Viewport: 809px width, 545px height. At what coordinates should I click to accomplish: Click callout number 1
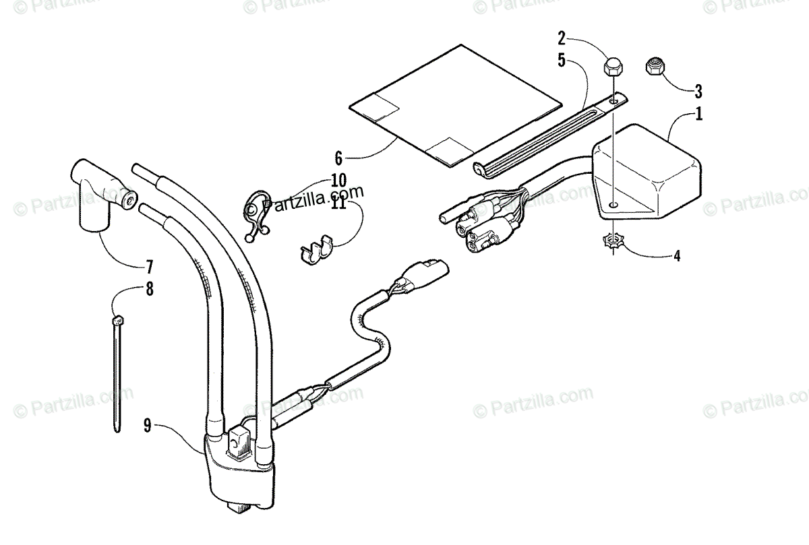click(x=698, y=114)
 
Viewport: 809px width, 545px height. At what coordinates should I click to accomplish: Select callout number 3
click(x=698, y=90)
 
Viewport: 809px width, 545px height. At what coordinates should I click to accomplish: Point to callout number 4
click(x=677, y=255)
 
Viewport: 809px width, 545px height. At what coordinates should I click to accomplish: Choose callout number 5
click(x=562, y=59)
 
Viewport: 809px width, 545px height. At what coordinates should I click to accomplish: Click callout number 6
click(x=338, y=159)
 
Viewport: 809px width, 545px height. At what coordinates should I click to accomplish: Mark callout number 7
click(x=149, y=265)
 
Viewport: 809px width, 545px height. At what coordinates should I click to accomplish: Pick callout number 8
click(x=149, y=289)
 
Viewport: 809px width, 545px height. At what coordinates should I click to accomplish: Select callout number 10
click(x=338, y=181)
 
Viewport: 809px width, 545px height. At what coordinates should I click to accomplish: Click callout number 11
click(x=338, y=203)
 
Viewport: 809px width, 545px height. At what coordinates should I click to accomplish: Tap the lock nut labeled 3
click(x=655, y=67)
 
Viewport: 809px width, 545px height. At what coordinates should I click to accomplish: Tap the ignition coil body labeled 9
click(x=239, y=475)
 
